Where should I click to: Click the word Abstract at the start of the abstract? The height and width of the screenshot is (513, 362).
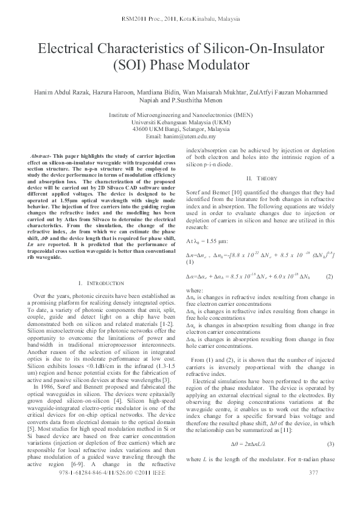(x=40, y=157)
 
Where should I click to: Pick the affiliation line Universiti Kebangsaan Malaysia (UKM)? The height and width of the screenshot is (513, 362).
(x=181, y=122)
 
